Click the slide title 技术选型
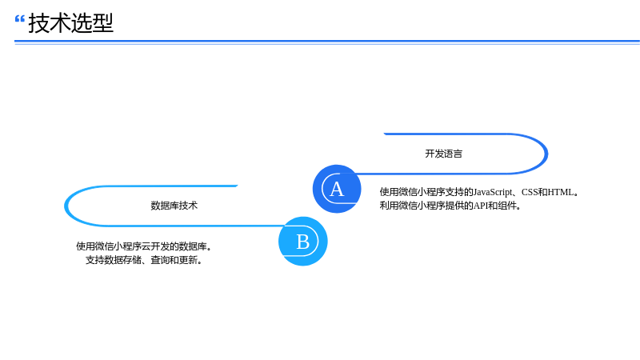[70, 23]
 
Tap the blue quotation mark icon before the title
[19, 18]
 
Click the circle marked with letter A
[337, 189]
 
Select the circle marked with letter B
[303, 242]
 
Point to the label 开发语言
[444, 154]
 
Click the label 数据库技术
[174, 206]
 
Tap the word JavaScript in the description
[493, 192]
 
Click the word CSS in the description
[530, 192]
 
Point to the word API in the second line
[481, 206]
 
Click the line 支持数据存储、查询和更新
[144, 260]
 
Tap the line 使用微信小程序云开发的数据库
[144, 246]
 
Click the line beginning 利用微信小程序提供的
[450, 206]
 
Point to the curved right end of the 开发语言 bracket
[546, 154]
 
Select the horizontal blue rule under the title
[327, 42]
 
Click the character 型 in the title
[103, 23]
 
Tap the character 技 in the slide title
[38, 23]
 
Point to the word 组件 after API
[507, 206]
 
